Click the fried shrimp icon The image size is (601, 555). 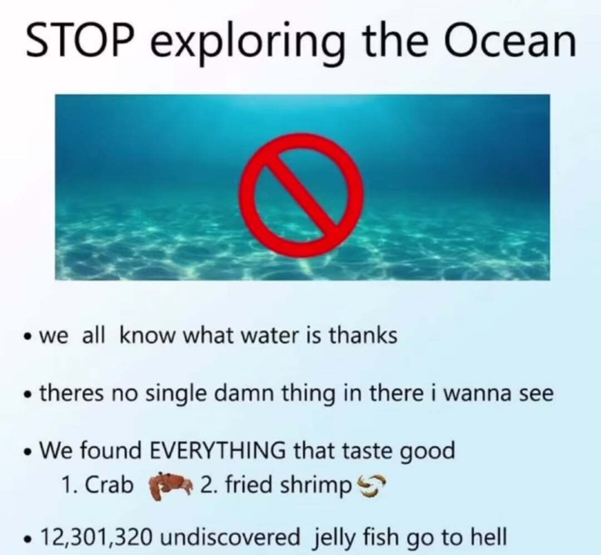[371, 485]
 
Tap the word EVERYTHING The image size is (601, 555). [216, 450]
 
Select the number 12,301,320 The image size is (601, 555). [94, 537]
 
